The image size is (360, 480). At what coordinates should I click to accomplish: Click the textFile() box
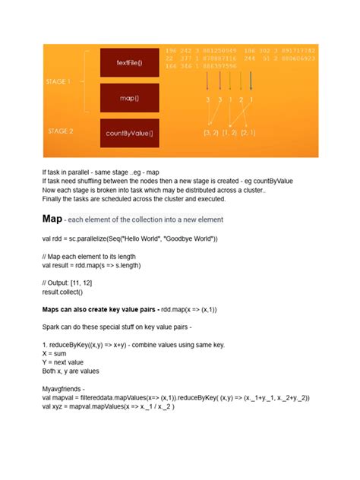tap(128, 62)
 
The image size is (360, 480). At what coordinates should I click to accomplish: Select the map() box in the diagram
tap(128, 98)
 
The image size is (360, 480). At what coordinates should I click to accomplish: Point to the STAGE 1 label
tap(58, 81)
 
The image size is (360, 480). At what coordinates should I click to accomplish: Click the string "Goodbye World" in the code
tap(190, 239)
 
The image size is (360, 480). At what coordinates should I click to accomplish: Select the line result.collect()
tap(62, 292)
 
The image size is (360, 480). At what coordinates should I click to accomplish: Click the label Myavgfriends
tap(66, 387)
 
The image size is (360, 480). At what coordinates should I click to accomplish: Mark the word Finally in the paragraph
tap(53, 200)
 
